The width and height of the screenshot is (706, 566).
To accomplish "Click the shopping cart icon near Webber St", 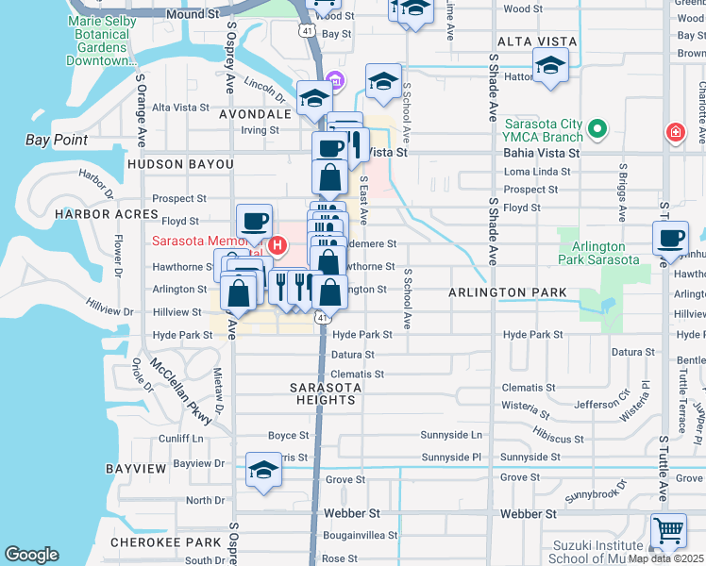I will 668,531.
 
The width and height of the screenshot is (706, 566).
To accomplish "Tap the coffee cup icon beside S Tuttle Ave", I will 670,239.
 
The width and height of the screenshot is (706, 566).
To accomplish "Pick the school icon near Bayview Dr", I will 263,470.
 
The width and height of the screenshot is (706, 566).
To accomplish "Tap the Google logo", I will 31,555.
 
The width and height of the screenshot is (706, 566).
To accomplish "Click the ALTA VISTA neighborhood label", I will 534,42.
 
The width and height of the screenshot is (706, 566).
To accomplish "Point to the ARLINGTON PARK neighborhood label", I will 508,292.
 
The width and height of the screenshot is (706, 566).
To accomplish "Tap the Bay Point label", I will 56,141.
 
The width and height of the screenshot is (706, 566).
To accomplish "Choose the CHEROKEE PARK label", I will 165,542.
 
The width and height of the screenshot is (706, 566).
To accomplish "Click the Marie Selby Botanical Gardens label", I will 110,41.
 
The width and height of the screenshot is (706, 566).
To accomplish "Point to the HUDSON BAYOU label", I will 179,164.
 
